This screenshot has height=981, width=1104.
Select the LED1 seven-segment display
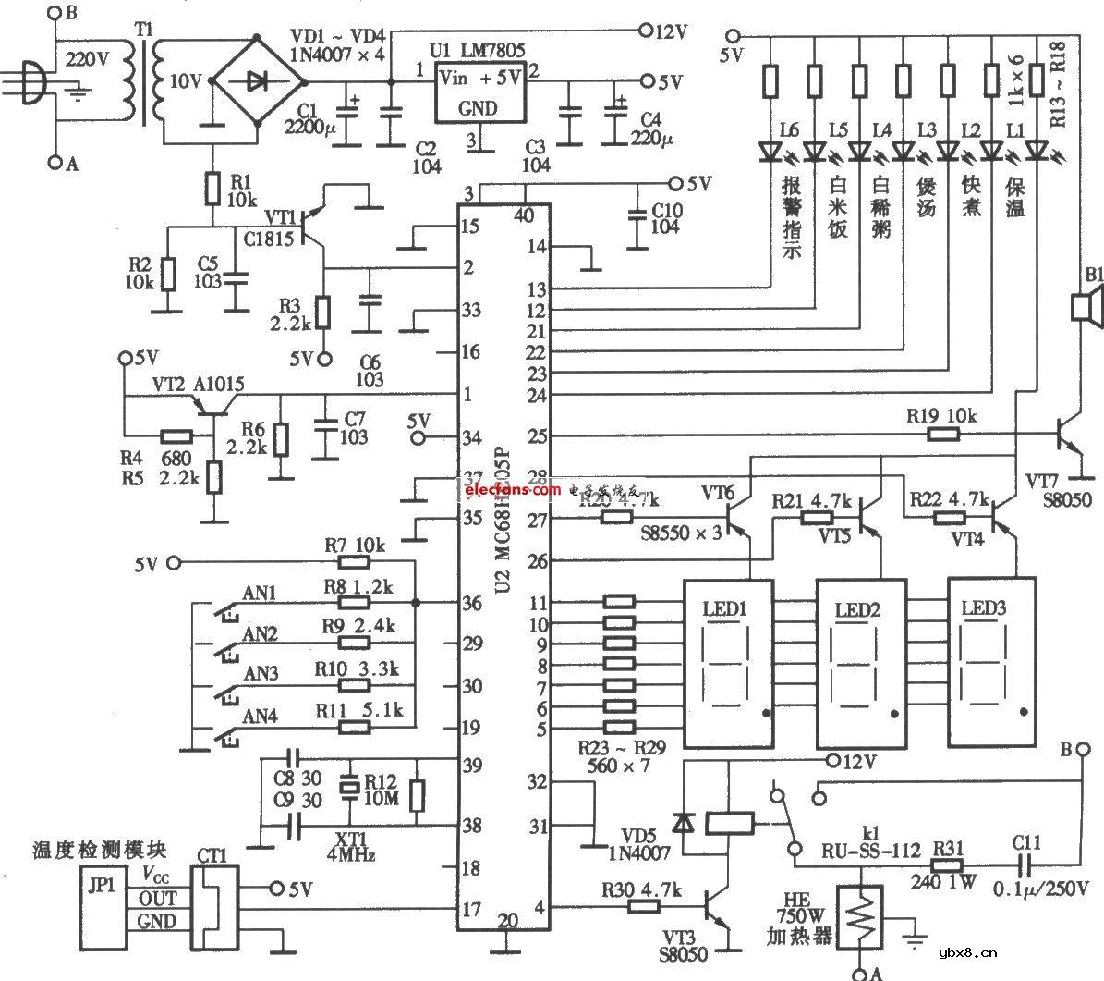coord(728,664)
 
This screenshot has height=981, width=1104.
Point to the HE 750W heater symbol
coord(860,915)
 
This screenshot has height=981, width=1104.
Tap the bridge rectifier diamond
coord(257,81)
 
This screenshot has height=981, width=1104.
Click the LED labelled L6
coord(770,149)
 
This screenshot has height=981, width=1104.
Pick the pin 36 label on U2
coord(471,603)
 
